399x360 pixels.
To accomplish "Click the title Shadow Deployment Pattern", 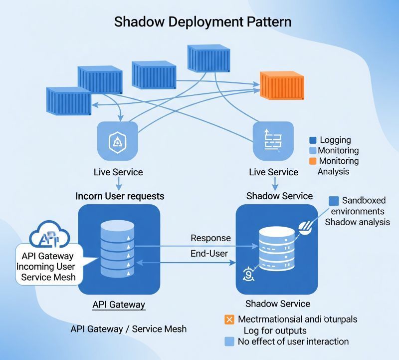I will (x=202, y=22).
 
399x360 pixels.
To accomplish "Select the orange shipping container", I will (x=282, y=86).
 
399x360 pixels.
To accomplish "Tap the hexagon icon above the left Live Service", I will (x=118, y=142).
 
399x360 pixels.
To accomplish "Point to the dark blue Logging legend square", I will (x=313, y=140).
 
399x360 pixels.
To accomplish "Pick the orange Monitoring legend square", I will (x=313, y=161).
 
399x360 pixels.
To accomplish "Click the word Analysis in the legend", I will (x=333, y=171).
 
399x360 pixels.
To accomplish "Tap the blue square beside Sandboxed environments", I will (x=334, y=201).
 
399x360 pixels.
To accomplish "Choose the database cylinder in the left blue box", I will (x=117, y=250).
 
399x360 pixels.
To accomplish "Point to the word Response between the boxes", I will (x=210, y=238).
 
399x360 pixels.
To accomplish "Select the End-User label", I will (x=209, y=254).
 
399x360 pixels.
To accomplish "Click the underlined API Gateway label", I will (x=119, y=305).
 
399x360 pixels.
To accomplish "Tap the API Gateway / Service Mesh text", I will (x=129, y=329).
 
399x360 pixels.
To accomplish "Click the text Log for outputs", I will (x=275, y=331).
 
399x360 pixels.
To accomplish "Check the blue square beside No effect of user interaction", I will (x=229, y=342).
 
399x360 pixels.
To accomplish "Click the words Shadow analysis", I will (x=357, y=222).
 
